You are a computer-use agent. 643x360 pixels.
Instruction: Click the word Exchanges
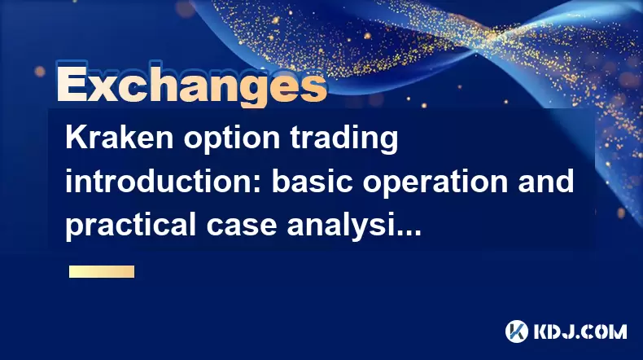[x=191, y=84]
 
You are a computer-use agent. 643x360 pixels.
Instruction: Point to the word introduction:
[x=164, y=181]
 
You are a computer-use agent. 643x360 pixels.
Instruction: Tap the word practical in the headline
[x=131, y=226]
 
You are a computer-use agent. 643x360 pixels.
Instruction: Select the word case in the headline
[x=241, y=228]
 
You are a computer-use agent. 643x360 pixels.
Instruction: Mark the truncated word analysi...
[x=339, y=226]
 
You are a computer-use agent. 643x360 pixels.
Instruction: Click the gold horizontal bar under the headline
[x=102, y=271]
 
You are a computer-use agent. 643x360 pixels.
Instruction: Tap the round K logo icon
[x=517, y=331]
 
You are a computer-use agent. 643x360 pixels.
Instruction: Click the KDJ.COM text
[x=580, y=331]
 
